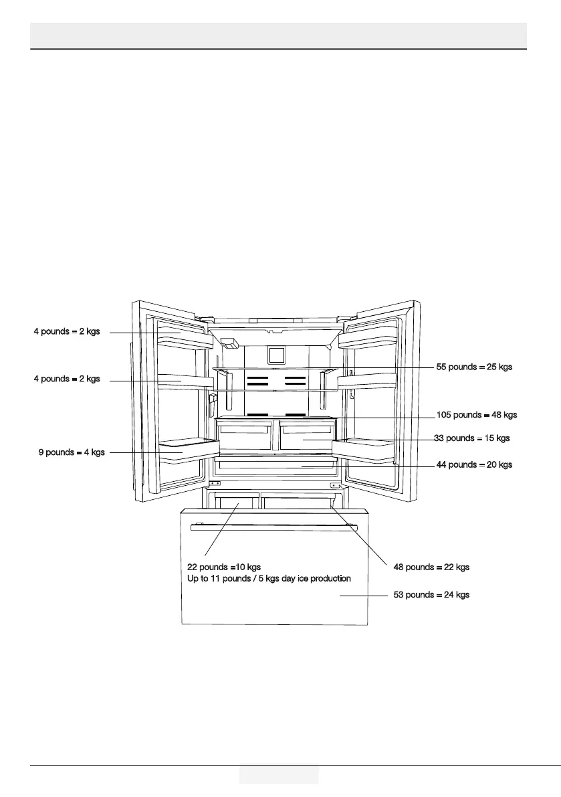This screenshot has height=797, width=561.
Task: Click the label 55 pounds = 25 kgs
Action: pos(474,367)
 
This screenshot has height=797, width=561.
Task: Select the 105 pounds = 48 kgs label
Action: pos(476,415)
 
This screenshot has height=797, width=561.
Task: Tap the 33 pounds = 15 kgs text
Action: pos(471,438)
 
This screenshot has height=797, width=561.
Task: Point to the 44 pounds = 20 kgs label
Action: pos(474,464)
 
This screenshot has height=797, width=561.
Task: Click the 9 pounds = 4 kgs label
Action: pos(72,452)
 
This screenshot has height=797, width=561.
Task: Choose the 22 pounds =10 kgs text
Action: pos(219,567)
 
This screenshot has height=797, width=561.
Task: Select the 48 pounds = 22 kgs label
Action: pos(431,567)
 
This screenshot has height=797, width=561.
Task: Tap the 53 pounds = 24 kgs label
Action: pos(431,595)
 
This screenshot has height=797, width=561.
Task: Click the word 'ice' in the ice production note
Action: pos(303,578)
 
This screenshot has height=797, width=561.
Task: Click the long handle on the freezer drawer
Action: pos(275,527)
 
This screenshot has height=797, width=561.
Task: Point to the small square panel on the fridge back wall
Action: pos(276,355)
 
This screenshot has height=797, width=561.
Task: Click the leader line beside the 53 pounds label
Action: pos(364,595)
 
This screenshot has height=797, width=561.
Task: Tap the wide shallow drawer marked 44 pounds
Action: pos(275,464)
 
